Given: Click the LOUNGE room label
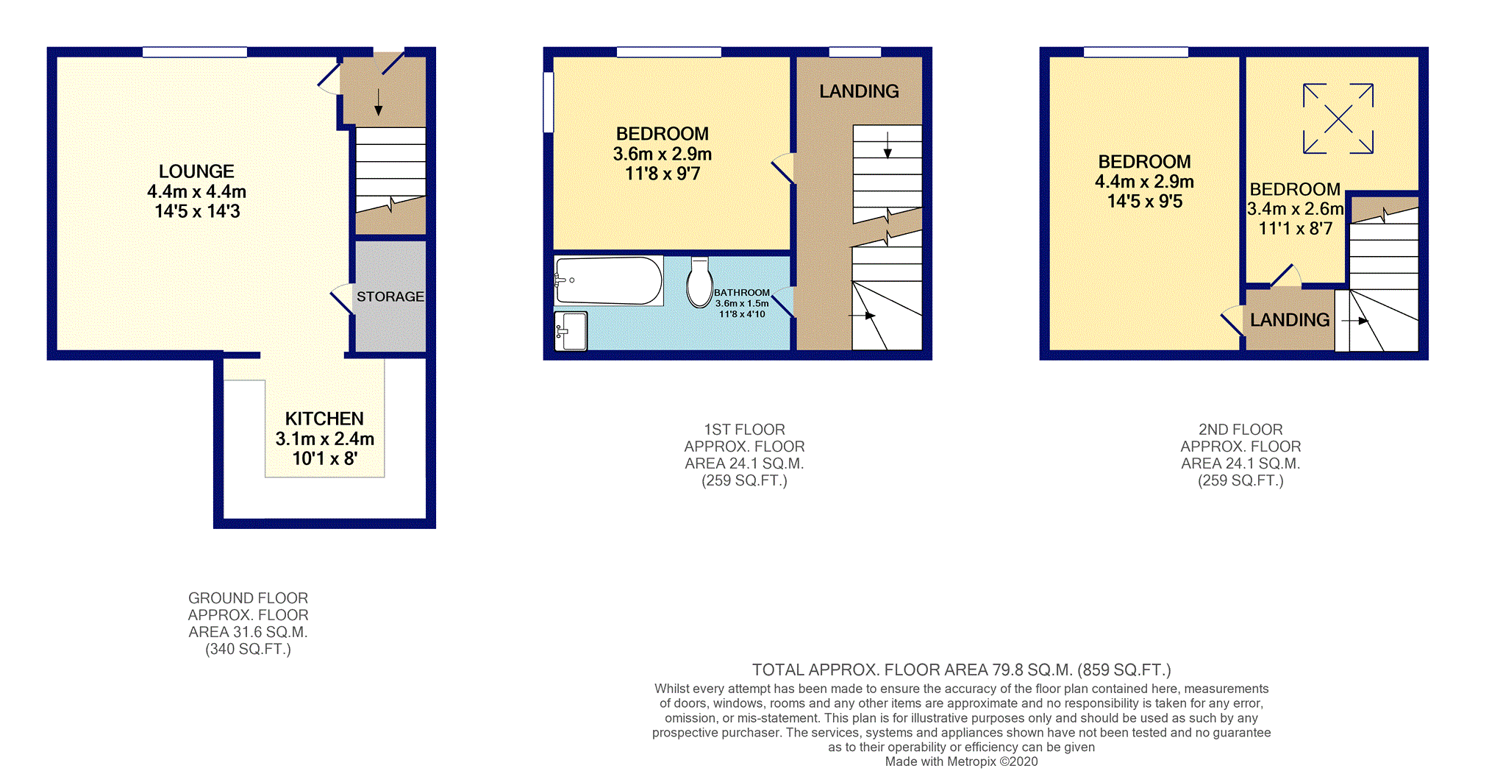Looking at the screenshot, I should click(196, 171).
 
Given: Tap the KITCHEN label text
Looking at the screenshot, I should click(324, 419).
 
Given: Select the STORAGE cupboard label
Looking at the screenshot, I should click(390, 297).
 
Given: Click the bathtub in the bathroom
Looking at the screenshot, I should click(608, 280).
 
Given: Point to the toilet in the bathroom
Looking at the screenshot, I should click(699, 283).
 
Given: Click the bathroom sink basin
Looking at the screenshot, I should click(571, 330).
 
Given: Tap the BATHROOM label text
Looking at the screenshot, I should click(741, 293).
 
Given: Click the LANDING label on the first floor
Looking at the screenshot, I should click(859, 91).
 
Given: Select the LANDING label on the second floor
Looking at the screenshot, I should click(1290, 320).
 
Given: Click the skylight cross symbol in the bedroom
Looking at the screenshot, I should click(1338, 118).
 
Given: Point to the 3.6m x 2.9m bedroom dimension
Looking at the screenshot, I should click(662, 155).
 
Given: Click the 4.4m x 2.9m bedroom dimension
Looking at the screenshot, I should click(1144, 182).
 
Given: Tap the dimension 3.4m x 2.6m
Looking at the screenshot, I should click(1295, 209).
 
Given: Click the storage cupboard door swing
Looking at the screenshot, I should click(342, 298).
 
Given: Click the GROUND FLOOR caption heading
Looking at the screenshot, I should click(248, 598).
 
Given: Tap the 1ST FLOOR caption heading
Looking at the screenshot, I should click(744, 430).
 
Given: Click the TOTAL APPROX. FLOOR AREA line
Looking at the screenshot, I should click(961, 670).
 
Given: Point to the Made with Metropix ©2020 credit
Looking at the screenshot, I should click(961, 761).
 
